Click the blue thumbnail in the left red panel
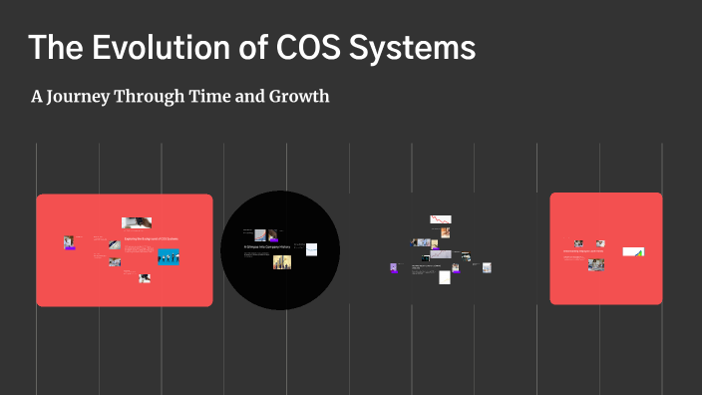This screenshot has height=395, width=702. pos(168,256)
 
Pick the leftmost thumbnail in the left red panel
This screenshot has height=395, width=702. pos(70,242)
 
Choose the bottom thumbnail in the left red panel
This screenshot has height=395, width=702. pos(145,278)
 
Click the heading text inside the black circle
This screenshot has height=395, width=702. pos(270,245)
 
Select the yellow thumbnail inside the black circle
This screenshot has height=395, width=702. pos(282,262)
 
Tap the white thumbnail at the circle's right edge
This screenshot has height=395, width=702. pos(311,247)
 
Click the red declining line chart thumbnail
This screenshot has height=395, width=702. pos(440,219)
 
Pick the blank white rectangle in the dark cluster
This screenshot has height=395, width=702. pos(445,276)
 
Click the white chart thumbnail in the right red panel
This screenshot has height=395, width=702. pos(633,251)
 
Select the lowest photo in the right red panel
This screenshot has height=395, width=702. pos(596,265)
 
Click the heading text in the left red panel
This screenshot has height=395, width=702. pos(150,240)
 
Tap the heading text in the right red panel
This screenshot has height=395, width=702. pos(583,251)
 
